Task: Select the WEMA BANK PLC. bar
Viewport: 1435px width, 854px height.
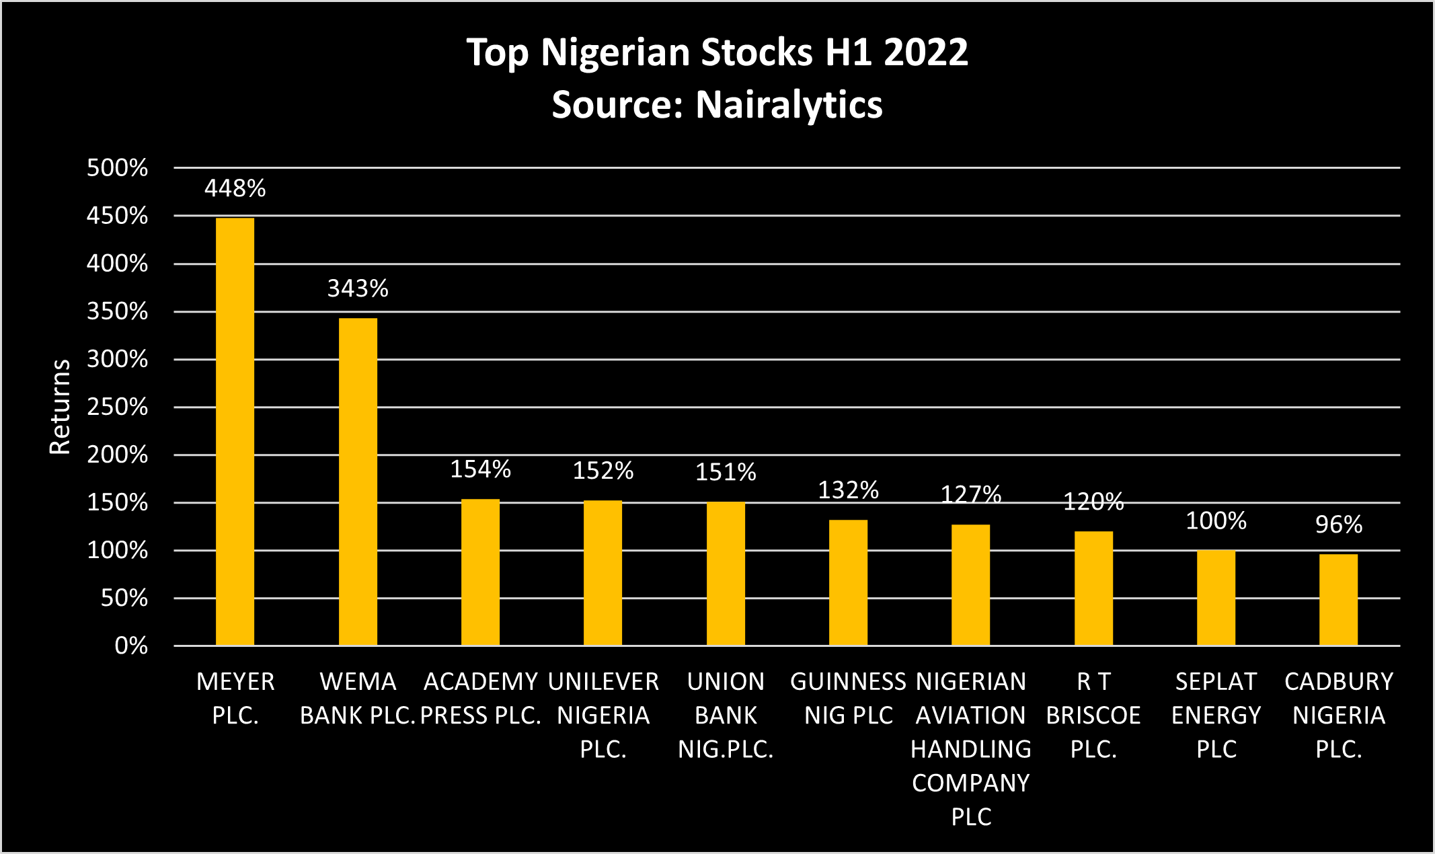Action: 358,481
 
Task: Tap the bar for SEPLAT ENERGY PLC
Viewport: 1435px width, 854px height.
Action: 1216,597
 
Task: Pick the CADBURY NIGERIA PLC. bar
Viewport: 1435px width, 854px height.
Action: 1338,599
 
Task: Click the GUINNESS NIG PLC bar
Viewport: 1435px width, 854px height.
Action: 848,582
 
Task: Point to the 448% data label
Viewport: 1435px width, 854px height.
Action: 235,188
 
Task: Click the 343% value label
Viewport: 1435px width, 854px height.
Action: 358,288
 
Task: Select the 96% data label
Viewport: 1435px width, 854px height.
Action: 1338,525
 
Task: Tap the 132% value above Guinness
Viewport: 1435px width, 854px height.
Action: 848,490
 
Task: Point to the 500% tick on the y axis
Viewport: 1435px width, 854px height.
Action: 117,167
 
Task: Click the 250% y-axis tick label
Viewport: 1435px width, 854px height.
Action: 117,407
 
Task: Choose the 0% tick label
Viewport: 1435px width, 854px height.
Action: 131,646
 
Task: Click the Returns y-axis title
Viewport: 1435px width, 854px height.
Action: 60,407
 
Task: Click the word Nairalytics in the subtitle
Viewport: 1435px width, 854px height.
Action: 789,105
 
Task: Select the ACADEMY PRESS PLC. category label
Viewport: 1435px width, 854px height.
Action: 480,698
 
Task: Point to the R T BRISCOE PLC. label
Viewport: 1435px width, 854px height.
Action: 1093,715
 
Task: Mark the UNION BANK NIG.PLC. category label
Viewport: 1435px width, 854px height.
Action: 726,715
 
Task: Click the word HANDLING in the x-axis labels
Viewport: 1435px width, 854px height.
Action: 970,749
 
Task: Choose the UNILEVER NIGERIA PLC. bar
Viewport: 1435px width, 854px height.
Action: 603,573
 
